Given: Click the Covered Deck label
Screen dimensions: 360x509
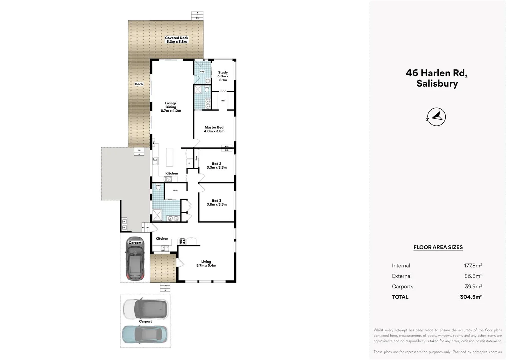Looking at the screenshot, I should (177, 40).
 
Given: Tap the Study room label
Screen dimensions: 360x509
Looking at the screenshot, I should (223, 76).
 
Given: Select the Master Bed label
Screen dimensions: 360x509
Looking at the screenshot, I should (214, 129).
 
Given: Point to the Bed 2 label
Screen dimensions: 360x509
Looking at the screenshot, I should (217, 166).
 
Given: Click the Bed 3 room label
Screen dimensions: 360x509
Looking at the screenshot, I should (217, 203).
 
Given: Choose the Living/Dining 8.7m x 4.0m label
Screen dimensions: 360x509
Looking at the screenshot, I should (171, 107).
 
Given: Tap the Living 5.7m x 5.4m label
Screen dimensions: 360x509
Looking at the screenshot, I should (206, 264).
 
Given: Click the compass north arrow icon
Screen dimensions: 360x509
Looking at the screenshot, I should (436, 117).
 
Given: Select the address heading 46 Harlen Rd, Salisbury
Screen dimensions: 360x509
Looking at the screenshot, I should (437, 78).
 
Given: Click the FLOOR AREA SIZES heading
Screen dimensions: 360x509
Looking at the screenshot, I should (438, 247).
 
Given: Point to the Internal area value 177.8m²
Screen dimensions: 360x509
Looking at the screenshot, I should (473, 266).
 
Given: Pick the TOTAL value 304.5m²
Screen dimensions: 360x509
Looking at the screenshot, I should (471, 297).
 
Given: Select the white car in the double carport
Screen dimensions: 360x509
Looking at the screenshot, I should (146, 309).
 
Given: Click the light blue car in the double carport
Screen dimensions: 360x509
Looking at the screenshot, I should (145, 334).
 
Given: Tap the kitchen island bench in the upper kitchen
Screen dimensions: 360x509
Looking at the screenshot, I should (170, 157).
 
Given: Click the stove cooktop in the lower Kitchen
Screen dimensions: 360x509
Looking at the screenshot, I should (182, 241).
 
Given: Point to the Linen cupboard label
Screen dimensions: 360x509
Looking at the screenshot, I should (175, 191).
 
